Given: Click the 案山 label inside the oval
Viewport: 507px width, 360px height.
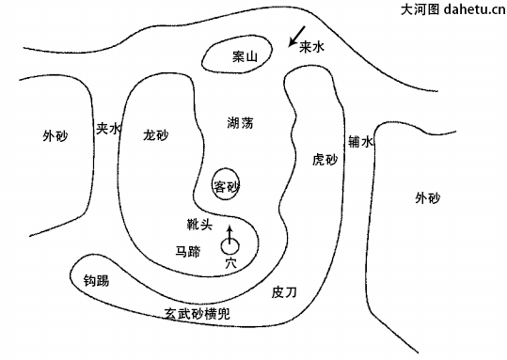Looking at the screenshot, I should coord(245,56).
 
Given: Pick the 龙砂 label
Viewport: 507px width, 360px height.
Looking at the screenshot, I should coord(155,134).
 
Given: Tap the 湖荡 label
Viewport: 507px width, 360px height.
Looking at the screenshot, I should coord(240,123).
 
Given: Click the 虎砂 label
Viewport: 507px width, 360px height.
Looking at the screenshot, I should coord(324,160).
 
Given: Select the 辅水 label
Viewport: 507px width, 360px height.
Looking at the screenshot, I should coord(361,142).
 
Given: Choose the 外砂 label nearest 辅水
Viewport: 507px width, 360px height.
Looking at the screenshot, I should coord(427,197).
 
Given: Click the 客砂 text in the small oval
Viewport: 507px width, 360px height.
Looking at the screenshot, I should coord(226,184).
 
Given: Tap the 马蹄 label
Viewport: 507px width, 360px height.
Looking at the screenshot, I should coord(187,251).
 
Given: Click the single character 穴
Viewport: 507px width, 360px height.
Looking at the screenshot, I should coord(230,264).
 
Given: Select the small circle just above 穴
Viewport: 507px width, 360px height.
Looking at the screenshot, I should coord(230,246).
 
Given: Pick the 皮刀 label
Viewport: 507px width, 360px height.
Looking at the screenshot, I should coord(284,292).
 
